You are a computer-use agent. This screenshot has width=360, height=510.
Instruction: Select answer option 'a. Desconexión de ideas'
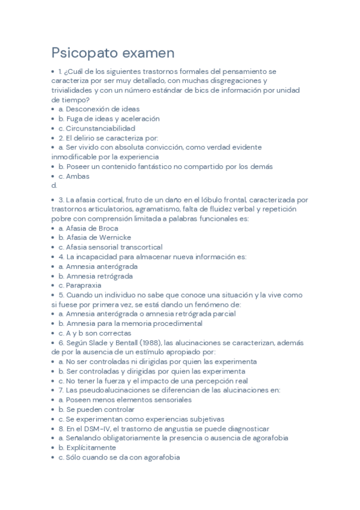(99, 109)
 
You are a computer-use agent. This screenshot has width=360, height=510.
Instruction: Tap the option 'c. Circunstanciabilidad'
(96, 128)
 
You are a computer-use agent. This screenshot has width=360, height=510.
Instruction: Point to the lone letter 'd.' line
(54, 186)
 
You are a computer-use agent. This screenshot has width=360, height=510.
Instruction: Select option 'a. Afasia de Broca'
(88, 228)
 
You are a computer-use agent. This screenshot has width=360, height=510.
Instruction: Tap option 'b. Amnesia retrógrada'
(96, 276)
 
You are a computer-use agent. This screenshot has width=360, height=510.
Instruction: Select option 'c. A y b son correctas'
(94, 333)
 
